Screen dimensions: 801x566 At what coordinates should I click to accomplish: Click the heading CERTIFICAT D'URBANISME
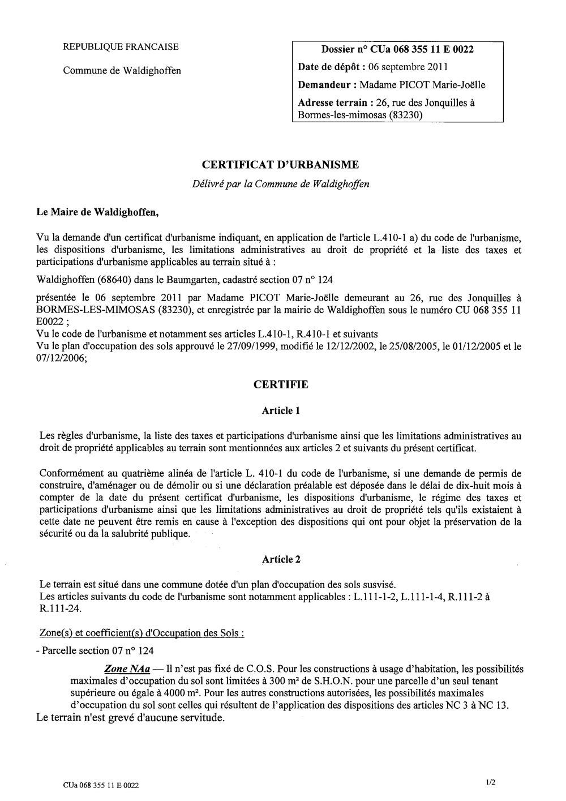coord(281,165)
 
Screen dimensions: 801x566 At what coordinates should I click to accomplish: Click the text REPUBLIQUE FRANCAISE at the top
coord(121,47)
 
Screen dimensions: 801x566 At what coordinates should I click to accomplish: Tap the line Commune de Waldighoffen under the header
coord(122,71)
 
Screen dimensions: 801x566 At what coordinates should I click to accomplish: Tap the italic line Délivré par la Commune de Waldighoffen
coord(281,184)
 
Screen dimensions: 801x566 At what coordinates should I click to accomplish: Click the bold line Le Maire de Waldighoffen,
coord(98,213)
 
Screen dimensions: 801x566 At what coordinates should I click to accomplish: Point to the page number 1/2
coord(490,782)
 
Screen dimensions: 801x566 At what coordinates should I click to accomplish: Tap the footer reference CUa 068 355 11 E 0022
coord(101,785)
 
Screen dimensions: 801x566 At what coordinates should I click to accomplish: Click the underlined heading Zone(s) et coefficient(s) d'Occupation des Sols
coord(142,632)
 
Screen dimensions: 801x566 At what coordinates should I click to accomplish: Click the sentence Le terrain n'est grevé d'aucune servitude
coord(131,719)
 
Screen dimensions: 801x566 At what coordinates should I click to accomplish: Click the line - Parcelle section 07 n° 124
coord(94,650)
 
